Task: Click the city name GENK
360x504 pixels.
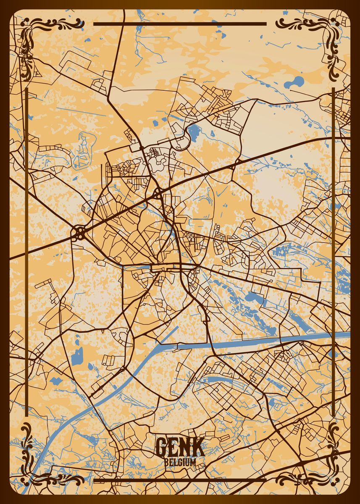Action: click(x=180, y=447)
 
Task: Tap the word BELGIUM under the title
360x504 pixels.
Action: click(x=180, y=462)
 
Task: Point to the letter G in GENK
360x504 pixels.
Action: click(x=162, y=447)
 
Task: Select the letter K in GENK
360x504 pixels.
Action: click(x=197, y=447)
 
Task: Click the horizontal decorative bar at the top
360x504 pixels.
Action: click(x=180, y=24)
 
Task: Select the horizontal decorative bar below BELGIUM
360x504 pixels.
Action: click(x=180, y=479)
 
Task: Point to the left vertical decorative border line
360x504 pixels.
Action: click(x=26, y=252)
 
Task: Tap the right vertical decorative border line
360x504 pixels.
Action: click(x=333, y=252)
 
